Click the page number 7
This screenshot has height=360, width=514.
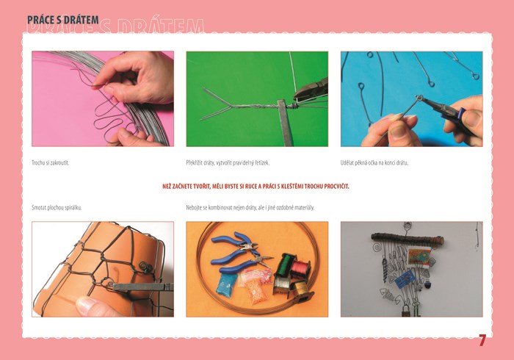pyautogui.click(x=482, y=341)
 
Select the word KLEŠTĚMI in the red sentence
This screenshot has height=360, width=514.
pyautogui.click(x=292, y=187)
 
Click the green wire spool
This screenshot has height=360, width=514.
pyautogui.click(x=285, y=264)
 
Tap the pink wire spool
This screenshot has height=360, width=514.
pyautogui.click(x=300, y=269)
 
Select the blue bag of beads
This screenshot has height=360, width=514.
pyautogui.click(x=226, y=284)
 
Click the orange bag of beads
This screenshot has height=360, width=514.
pyautogui.click(x=257, y=290)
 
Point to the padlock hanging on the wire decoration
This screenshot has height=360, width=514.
pyautogui.click(x=406, y=311)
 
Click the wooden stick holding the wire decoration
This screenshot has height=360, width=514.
pyautogui.click(x=408, y=239)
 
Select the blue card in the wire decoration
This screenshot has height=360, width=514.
pyautogui.click(x=405, y=280)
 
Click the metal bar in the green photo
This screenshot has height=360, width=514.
pyautogui.click(x=284, y=123)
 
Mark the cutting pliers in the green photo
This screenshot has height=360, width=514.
pyautogui.click(x=311, y=89)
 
